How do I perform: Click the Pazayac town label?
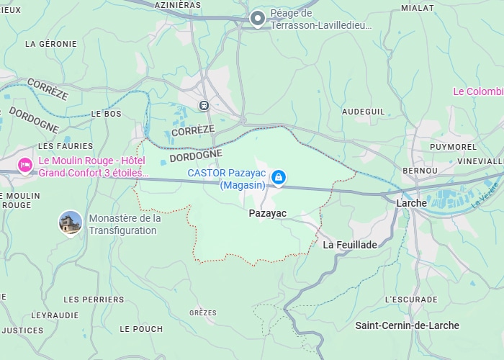click(x=267, y=213)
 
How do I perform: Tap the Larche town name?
click(x=411, y=203)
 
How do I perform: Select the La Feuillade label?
click(x=350, y=245)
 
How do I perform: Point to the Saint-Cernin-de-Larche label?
click(x=407, y=325)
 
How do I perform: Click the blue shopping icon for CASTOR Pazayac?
click(x=279, y=177)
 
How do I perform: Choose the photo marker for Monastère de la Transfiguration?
click(x=70, y=223)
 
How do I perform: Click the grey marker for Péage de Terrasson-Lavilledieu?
click(x=257, y=18)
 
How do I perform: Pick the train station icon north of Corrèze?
click(x=204, y=105)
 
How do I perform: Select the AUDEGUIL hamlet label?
click(x=363, y=112)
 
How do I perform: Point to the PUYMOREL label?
click(x=453, y=146)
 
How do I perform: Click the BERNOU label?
click(x=420, y=170)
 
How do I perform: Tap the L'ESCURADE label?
click(x=411, y=299)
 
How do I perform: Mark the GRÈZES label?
click(x=202, y=312)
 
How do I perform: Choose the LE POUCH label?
click(x=141, y=329)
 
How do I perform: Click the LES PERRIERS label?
click(x=94, y=299)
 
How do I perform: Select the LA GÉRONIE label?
click(x=50, y=44)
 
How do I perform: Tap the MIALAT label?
click(x=418, y=8)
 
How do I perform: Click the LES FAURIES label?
click(x=66, y=146)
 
